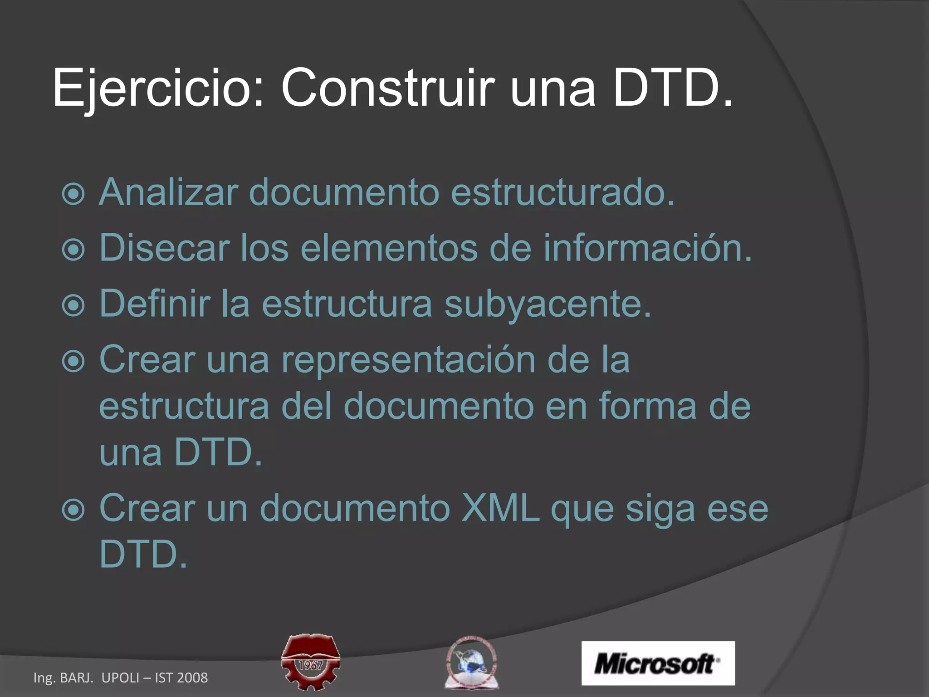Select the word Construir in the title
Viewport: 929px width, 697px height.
point(387,87)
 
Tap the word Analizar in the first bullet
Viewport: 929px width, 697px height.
point(168,192)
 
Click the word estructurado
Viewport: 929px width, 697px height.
point(562,192)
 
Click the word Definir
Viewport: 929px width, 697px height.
point(155,304)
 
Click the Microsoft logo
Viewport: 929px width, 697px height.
point(658,663)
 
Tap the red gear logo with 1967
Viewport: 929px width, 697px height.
point(311,662)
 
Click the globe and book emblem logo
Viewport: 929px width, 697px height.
point(471,662)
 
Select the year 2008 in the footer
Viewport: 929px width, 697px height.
point(192,678)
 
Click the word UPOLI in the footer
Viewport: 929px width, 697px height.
point(120,678)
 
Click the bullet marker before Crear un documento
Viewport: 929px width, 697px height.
point(73,510)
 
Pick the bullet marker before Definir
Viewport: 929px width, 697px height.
point(73,305)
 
